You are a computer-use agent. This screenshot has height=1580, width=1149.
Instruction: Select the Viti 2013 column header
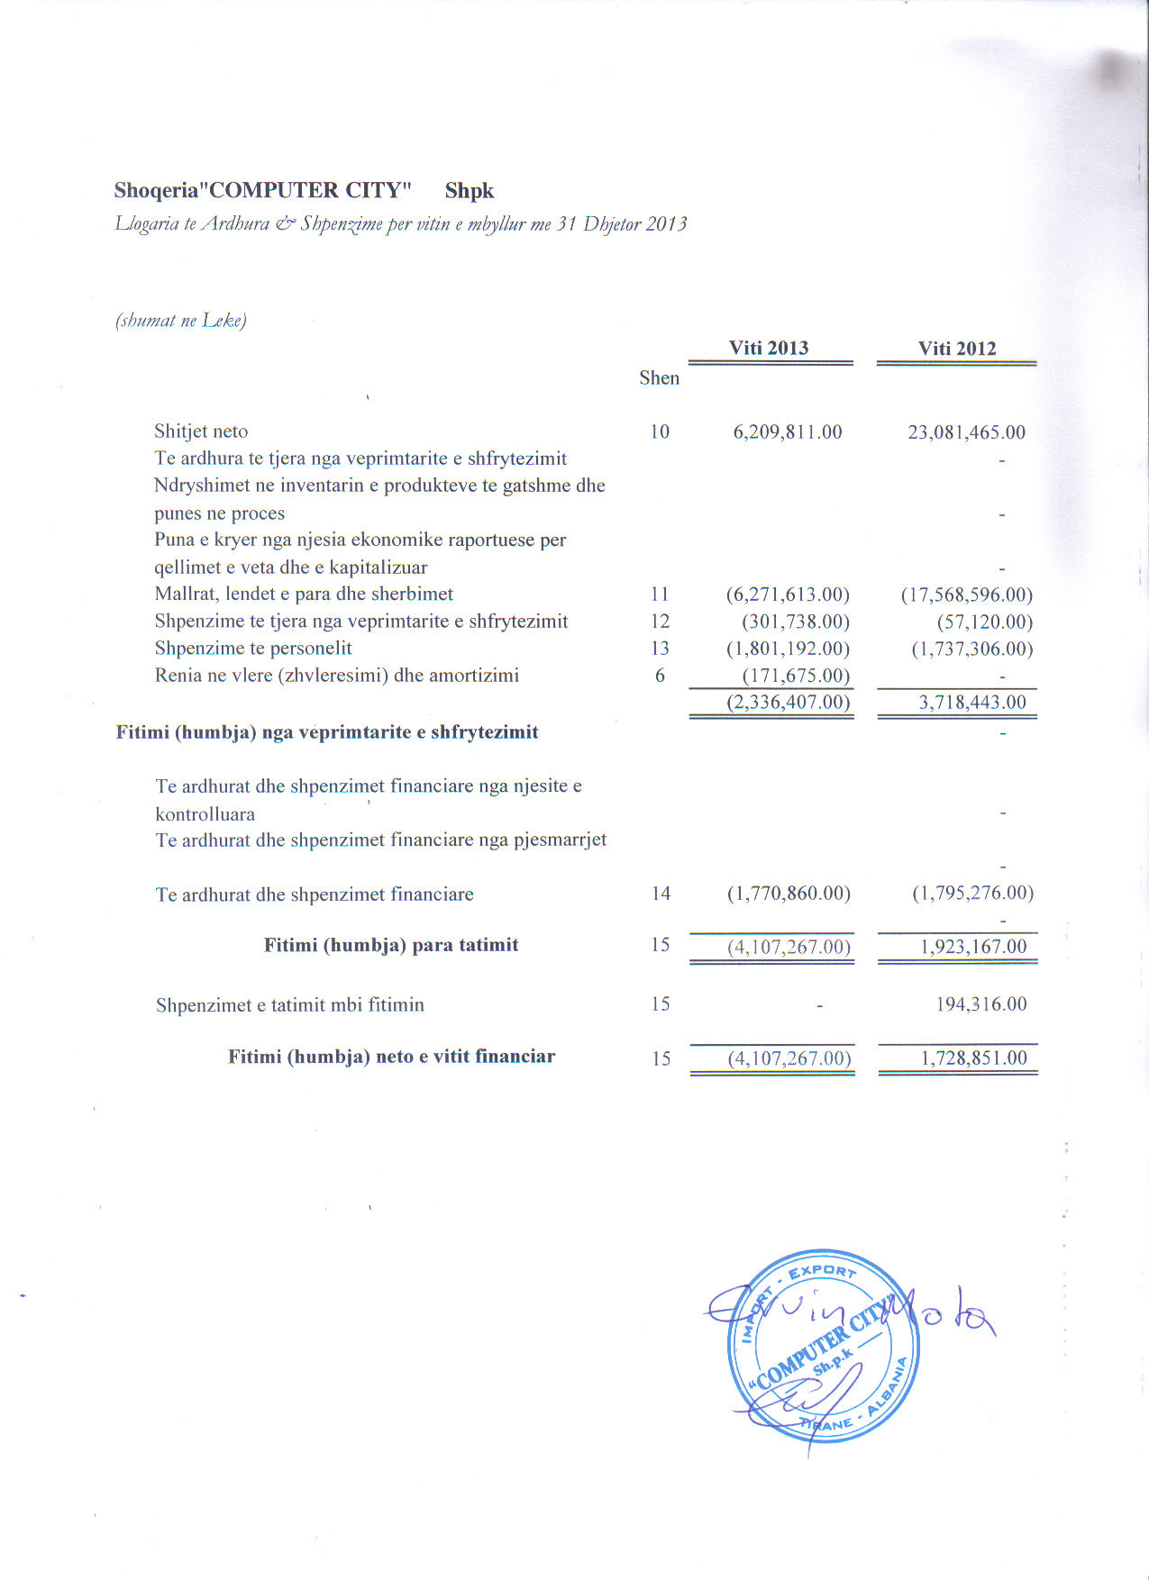click(769, 348)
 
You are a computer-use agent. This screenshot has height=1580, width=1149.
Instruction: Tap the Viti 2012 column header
click(957, 349)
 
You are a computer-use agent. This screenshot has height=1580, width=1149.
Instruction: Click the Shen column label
click(659, 377)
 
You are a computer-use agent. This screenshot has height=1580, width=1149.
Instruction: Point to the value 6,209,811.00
click(788, 431)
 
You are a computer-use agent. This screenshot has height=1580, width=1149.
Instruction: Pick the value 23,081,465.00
click(966, 431)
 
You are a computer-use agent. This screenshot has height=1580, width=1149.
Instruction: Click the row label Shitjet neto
click(201, 431)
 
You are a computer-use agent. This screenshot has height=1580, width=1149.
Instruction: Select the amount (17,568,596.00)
click(967, 595)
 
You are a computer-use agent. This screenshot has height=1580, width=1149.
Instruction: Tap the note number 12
click(660, 622)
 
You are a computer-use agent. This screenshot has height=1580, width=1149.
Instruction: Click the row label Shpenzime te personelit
click(253, 649)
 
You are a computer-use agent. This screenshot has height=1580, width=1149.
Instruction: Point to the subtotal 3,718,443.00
click(972, 703)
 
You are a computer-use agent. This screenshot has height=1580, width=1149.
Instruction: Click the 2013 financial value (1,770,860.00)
click(789, 894)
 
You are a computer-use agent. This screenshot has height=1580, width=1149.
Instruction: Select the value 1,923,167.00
click(973, 947)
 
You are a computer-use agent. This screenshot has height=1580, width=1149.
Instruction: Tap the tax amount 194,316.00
click(981, 1004)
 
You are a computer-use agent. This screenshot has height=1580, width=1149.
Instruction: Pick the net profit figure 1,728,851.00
click(973, 1058)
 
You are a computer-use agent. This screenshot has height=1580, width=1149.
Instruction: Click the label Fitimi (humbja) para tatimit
click(391, 945)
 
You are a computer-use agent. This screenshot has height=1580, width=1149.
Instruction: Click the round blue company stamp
click(822, 1345)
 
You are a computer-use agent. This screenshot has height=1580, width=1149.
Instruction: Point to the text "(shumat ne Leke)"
click(181, 321)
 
